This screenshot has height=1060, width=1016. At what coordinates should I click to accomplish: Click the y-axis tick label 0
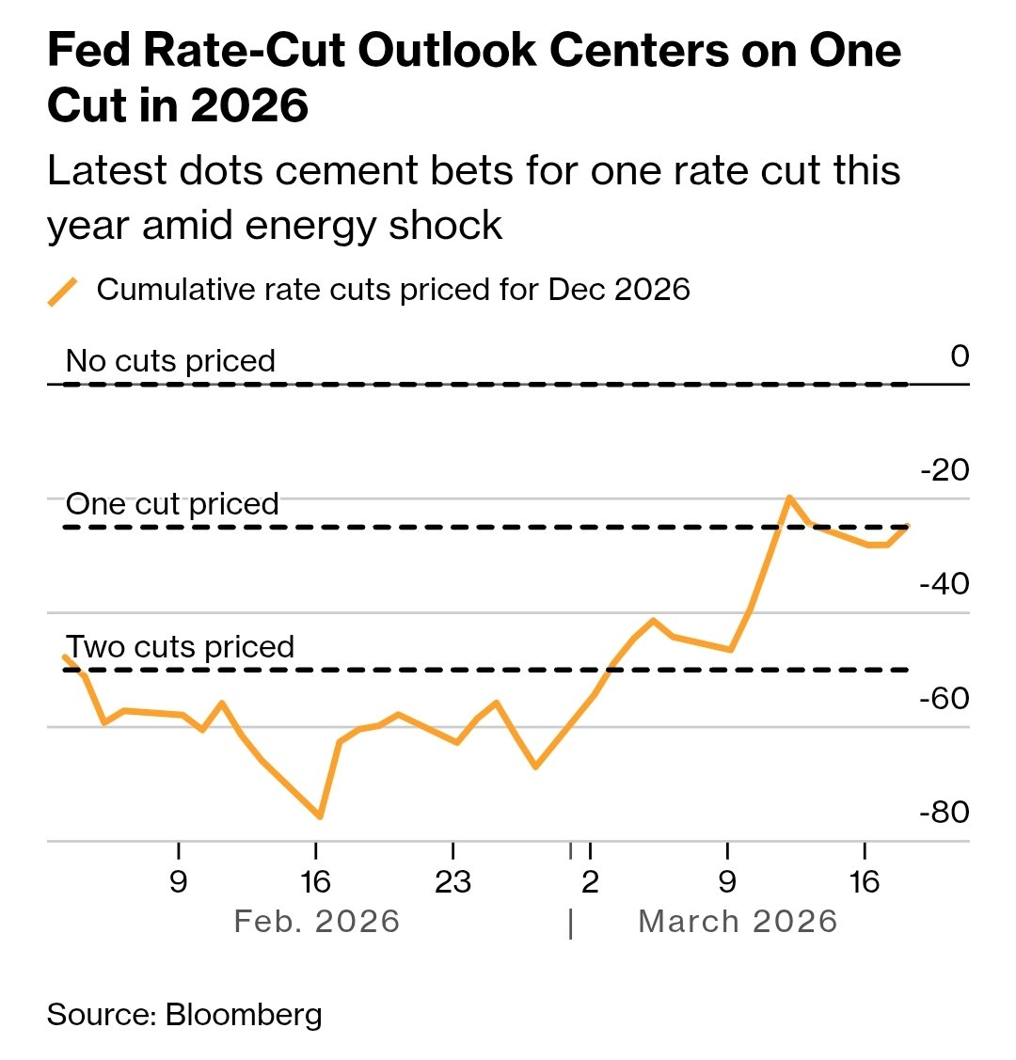tap(959, 356)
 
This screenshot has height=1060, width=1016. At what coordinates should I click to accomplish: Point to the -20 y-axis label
tap(945, 469)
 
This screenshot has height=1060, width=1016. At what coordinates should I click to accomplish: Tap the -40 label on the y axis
tap(945, 584)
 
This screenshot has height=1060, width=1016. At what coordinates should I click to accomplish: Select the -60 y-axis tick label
tap(945, 698)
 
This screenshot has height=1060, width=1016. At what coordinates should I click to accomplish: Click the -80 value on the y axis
tap(945, 812)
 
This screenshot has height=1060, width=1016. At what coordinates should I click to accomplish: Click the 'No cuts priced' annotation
tap(170, 361)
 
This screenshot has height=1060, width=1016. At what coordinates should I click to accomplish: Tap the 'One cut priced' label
tap(172, 504)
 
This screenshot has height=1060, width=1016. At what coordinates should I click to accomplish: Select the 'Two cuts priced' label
tap(180, 647)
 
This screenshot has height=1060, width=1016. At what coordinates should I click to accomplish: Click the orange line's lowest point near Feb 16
tap(320, 816)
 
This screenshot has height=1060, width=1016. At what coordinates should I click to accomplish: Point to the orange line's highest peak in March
tap(789, 497)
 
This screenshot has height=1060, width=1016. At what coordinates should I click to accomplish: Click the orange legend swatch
tap(62, 292)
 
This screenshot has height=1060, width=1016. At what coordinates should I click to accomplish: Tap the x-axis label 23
tap(452, 882)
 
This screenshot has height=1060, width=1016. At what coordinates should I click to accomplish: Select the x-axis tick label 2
tap(590, 882)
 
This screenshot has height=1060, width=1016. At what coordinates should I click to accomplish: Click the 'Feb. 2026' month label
tap(317, 922)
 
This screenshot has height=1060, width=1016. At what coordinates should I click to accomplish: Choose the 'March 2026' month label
tap(738, 922)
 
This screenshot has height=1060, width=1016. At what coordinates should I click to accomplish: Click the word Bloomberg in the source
tap(244, 1015)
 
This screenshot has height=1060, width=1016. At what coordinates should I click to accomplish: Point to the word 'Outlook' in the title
tap(445, 52)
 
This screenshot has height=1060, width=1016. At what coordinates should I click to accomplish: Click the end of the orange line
tap(907, 526)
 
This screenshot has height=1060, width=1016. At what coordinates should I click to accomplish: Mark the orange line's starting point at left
tap(64, 657)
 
